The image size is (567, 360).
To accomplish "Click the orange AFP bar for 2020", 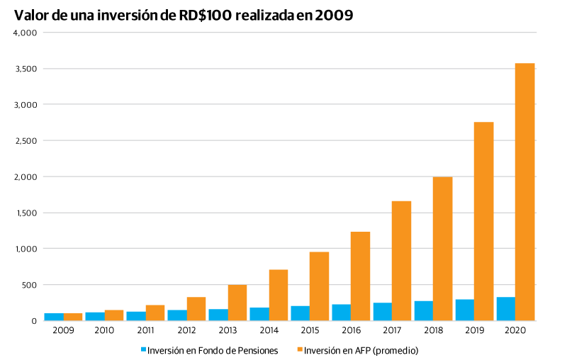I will click(x=524, y=191).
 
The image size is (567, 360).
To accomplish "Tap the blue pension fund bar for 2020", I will click(x=505, y=309).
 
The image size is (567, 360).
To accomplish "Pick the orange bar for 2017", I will click(x=401, y=261).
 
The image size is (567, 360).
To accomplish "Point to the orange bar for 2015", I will click(x=319, y=286).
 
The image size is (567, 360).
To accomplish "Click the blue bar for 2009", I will click(x=54, y=317).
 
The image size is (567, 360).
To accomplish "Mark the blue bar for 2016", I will click(x=341, y=313).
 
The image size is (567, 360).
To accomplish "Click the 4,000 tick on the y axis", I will click(x=26, y=33).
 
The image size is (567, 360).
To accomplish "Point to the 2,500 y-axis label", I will click(x=26, y=141).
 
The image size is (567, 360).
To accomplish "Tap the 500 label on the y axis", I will click(x=29, y=285).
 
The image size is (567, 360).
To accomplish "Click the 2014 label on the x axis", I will click(x=269, y=330).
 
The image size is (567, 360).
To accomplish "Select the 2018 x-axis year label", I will click(x=433, y=330).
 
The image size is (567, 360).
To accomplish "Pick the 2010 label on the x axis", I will click(x=104, y=330).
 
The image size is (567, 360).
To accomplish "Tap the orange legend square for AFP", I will click(x=300, y=349).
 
